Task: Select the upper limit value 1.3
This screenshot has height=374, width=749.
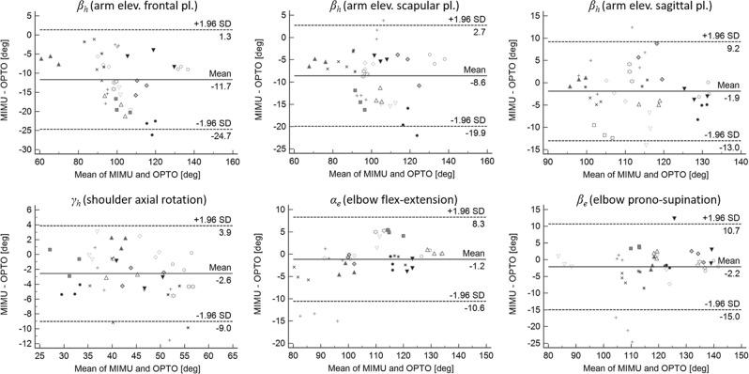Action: (226, 36)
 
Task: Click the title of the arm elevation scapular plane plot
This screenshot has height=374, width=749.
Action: (390, 8)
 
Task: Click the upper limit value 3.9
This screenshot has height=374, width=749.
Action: (226, 232)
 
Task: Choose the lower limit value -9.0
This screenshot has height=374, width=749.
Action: (225, 329)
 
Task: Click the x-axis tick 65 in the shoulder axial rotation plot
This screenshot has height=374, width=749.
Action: (232, 357)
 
